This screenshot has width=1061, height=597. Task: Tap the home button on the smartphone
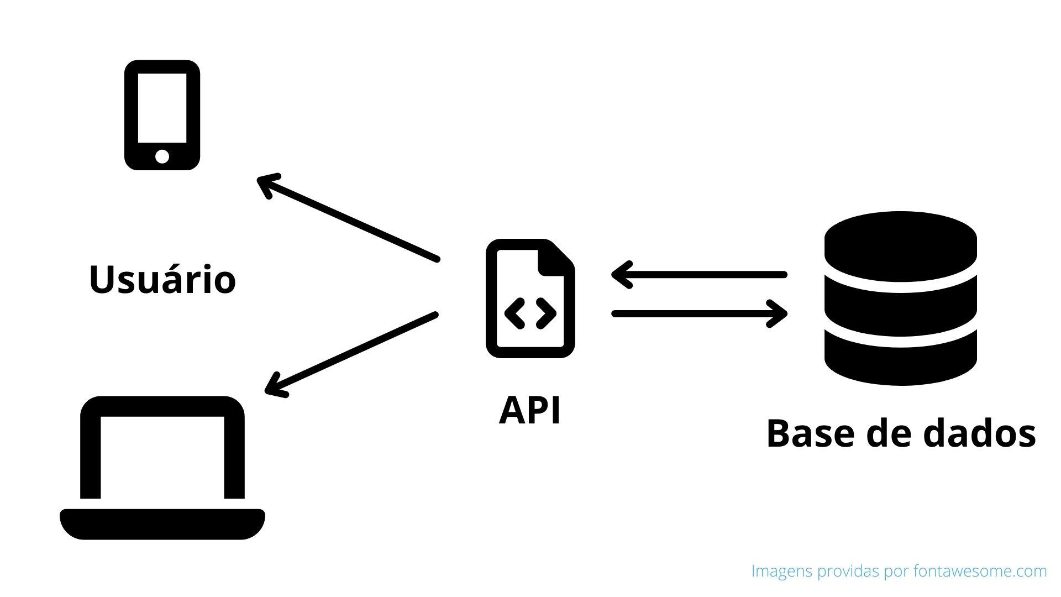[x=162, y=156]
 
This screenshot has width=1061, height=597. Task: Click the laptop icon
[x=162, y=467]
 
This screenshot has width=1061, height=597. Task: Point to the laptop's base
[x=162, y=523]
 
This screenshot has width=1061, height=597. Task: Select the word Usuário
[x=162, y=279]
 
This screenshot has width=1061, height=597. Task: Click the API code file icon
[x=530, y=298]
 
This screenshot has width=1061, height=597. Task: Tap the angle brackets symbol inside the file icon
[x=530, y=313]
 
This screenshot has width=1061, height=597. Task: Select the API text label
[x=529, y=411]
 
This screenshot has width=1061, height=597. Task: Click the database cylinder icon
[x=900, y=298]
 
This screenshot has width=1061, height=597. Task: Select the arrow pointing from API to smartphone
[x=348, y=218]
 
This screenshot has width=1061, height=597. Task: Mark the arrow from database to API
[x=699, y=275]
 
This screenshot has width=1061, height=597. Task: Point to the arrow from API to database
[x=699, y=313]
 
